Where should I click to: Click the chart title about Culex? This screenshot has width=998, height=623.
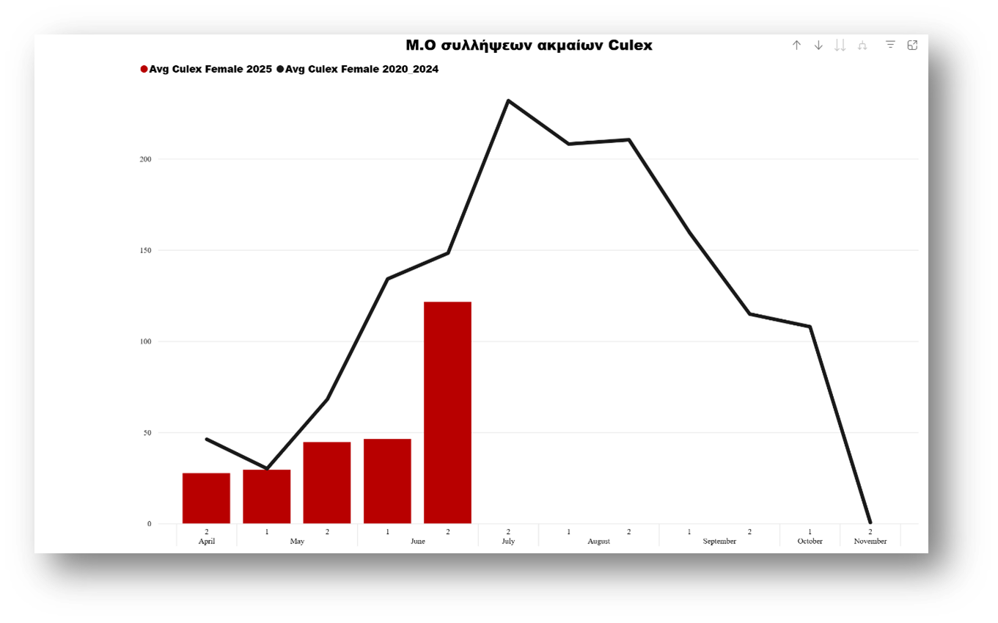[529, 45]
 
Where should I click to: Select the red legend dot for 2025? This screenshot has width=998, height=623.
[144, 69]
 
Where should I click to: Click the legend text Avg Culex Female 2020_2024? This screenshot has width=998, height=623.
[362, 69]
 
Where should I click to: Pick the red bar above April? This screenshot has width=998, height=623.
[206, 498]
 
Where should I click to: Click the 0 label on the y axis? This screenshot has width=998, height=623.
[149, 524]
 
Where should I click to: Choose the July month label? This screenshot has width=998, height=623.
[508, 542]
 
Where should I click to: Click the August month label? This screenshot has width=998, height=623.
[598, 542]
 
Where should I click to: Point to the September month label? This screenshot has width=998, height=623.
[719, 542]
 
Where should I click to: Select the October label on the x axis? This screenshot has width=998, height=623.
[810, 542]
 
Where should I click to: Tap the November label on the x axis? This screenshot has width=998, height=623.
[870, 542]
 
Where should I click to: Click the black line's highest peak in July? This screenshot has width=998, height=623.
[508, 101]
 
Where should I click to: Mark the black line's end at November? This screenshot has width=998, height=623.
[870, 522]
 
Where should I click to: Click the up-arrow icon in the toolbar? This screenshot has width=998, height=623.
[796, 45]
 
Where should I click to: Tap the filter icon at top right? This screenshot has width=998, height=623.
[890, 45]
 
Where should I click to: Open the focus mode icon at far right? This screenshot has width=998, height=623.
[912, 45]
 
